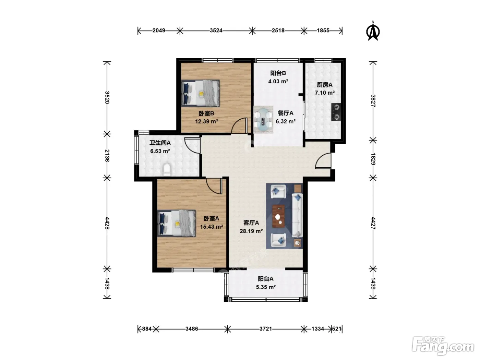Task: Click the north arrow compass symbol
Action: [373, 32]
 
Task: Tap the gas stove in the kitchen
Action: [336, 112]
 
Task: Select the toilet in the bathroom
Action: [167, 169]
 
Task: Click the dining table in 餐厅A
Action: [263, 120]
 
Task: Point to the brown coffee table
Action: [278, 216]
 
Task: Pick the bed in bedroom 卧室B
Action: [200, 93]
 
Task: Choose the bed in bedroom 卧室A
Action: [177, 223]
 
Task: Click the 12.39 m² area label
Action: [206, 121]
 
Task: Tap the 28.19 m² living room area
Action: [251, 231]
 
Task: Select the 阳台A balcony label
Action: [265, 279]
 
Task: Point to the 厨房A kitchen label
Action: [325, 85]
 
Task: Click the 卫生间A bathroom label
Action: [160, 143]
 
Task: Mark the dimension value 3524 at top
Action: [216, 31]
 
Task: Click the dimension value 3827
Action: [373, 101]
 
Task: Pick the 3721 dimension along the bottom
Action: [266, 328]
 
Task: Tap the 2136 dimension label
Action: [107, 155]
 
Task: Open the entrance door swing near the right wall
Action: [323, 161]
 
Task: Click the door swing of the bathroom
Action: [192, 145]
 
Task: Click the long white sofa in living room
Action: [297, 215]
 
